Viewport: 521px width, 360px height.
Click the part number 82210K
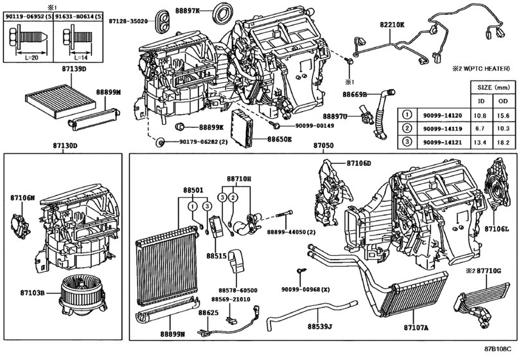tap(393, 24)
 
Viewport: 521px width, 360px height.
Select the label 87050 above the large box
tap(323, 147)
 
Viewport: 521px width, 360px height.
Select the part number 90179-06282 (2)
tap(200, 141)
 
